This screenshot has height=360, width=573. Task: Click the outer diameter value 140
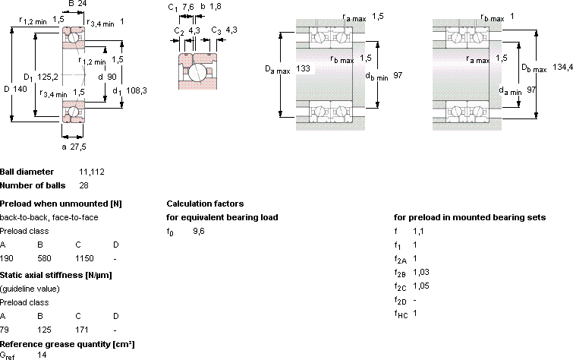tap(20, 89)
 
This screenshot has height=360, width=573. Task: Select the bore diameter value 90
tap(112, 77)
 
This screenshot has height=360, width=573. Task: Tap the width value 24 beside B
tap(82, 4)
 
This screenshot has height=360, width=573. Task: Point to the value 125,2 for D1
tap(48, 77)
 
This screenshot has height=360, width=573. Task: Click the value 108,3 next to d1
tap(137, 90)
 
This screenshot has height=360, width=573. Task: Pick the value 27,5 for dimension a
tap(78, 147)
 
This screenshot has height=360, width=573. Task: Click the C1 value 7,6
tap(188, 7)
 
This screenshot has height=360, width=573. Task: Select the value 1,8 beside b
tap(216, 7)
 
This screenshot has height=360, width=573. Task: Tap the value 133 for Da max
tap(303, 68)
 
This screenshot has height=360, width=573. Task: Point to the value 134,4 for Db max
tap(562, 67)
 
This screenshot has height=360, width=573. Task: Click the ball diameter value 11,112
tap(92, 172)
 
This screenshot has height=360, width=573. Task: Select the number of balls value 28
tap(83, 185)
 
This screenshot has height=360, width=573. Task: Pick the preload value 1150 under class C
tap(84, 258)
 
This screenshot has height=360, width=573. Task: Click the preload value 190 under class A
tap(7, 258)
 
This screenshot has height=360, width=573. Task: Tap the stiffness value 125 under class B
tap(44, 330)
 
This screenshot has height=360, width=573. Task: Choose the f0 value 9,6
tap(199, 231)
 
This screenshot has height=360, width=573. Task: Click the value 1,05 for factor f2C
tap(421, 286)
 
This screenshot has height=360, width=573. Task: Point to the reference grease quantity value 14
tap(42, 355)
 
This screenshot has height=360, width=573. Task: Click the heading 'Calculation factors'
tap(205, 204)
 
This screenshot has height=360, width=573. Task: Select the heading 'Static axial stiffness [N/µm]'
tap(56, 275)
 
